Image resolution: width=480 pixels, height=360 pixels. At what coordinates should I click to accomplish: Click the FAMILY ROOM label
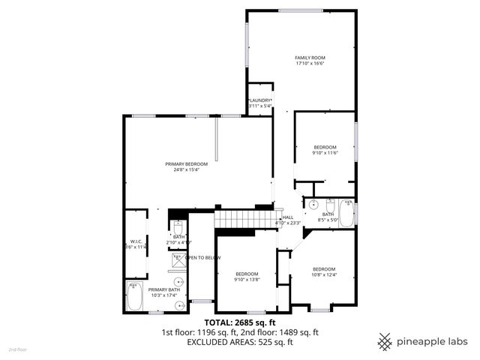click(x=310, y=58)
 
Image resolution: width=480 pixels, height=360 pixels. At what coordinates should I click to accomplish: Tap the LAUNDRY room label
click(x=259, y=100)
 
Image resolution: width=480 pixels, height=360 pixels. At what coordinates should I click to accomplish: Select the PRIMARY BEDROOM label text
click(x=186, y=163)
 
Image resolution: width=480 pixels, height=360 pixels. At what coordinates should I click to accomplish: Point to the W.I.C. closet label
click(x=135, y=241)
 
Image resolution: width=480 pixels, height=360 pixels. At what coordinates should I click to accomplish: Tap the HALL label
click(x=288, y=217)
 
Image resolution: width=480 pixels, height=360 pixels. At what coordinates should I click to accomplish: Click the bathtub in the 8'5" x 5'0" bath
click(x=346, y=213)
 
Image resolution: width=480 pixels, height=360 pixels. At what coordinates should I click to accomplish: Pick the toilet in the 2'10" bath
click(x=178, y=227)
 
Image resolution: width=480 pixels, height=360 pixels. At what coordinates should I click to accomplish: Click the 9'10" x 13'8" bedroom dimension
click(x=247, y=279)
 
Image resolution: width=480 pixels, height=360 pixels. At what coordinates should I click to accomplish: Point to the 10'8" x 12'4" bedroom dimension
click(x=324, y=274)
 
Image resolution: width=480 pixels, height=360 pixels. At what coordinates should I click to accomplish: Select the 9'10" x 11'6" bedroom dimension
click(x=325, y=152)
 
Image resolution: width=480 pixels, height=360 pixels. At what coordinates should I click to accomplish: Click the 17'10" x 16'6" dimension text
click(x=310, y=63)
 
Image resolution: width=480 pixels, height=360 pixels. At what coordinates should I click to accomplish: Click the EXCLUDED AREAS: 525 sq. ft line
click(x=240, y=341)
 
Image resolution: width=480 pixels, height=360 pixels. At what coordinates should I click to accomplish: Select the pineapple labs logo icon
click(x=385, y=341)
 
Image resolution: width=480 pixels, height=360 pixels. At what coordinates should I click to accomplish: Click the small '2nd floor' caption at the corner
click(x=16, y=349)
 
